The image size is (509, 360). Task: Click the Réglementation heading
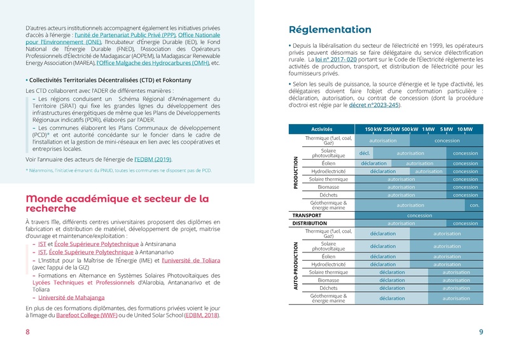pyautogui.click(x=330, y=30)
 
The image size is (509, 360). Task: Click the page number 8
pyautogui.click(x=27, y=332)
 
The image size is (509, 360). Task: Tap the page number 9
pyautogui.click(x=481, y=332)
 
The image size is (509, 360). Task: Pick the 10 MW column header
pyautogui.click(x=465, y=130)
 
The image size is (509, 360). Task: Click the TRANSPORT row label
pyautogui.click(x=307, y=216)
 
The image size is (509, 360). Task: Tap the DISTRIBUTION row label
pyautogui.click(x=309, y=223)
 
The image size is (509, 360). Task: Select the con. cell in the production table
pyautogui.click(x=474, y=205)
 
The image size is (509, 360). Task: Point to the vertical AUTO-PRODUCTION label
pyautogui.click(x=295, y=267)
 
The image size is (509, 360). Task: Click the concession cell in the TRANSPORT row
pyautogui.click(x=419, y=216)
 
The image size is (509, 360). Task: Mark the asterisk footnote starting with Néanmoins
pyautogui.click(x=119, y=170)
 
